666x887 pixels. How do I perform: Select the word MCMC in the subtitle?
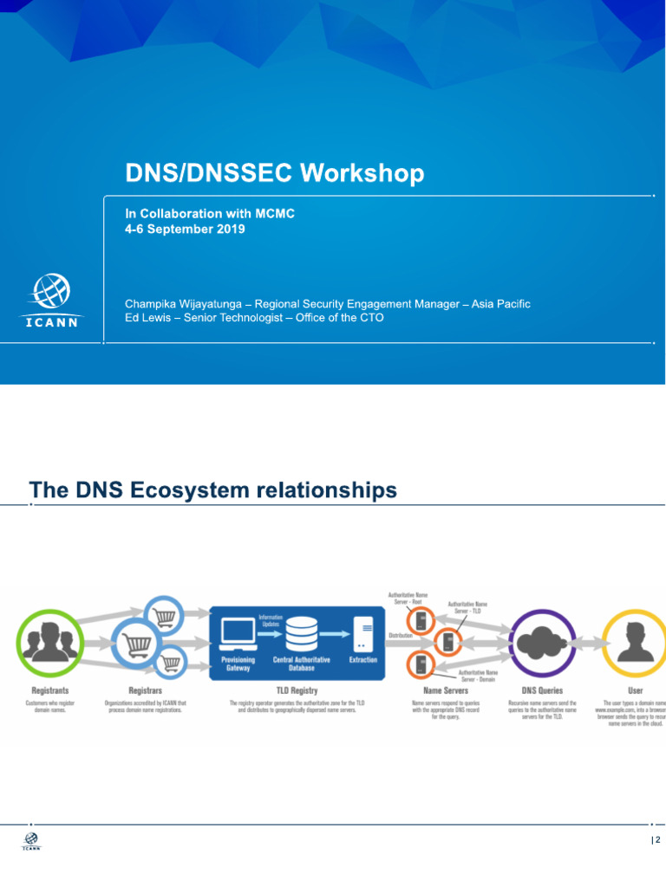click(275, 213)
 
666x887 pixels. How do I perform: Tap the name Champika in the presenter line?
click(155, 304)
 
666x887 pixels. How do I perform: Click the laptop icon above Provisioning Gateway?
click(237, 634)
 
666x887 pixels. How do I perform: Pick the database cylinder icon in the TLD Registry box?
click(302, 635)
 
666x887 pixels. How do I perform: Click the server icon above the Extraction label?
click(363, 634)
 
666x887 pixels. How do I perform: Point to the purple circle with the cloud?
click(542, 643)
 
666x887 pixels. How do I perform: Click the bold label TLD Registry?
click(297, 690)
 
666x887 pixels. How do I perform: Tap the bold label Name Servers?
click(445, 690)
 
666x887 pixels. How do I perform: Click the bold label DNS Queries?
click(542, 690)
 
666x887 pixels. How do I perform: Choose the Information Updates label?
click(271, 620)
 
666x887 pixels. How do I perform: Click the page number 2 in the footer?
click(658, 841)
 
